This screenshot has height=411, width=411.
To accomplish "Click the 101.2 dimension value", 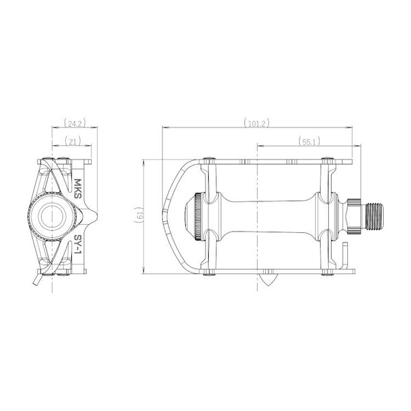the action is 257,123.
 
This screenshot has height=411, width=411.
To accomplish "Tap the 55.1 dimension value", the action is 309,142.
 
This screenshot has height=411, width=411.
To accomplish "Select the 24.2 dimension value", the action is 75,123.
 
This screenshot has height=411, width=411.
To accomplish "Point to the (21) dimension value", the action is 73,142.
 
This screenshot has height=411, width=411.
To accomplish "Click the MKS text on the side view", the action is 78,189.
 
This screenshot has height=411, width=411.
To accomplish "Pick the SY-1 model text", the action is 77,245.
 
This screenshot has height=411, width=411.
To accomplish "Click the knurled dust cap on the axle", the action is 198,216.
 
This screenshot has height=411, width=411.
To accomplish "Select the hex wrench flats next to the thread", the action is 354,216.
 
